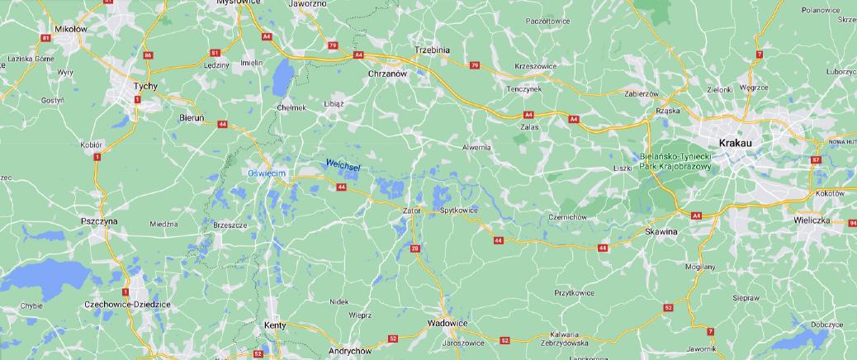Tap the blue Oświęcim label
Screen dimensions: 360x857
(x=267, y=173)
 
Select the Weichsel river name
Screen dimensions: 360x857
(x=343, y=165)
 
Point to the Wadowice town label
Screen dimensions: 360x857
(x=448, y=323)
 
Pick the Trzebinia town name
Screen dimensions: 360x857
(x=433, y=50)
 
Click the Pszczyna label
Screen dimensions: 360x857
(x=100, y=222)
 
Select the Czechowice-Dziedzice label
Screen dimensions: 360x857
(x=127, y=305)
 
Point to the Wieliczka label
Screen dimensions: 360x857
(x=811, y=221)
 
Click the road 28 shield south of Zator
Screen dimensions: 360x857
(x=414, y=248)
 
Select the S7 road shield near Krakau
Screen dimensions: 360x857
(x=816, y=159)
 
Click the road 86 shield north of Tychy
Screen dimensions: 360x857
(x=148, y=55)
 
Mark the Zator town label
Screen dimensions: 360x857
(x=411, y=211)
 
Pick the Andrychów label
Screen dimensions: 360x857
(x=348, y=351)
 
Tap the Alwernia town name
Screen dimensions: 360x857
(x=476, y=147)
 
